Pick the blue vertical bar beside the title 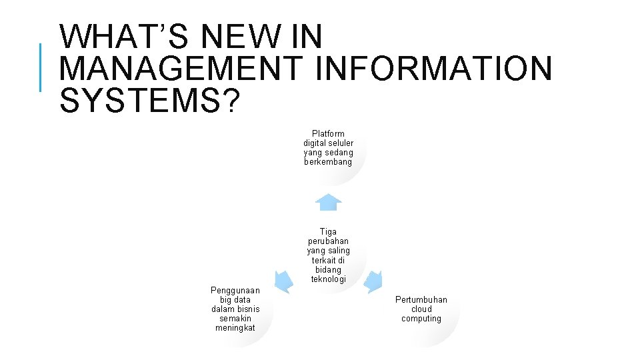click(x=41, y=68)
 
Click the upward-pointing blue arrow click(x=328, y=202)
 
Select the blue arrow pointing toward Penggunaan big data click(x=283, y=281)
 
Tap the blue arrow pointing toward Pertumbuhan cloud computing click(x=374, y=281)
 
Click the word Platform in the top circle click(x=328, y=134)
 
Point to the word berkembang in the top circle click(x=328, y=162)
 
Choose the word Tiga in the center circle click(x=328, y=232)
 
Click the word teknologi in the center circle click(x=328, y=279)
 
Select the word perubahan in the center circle click(x=328, y=241)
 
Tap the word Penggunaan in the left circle click(x=235, y=291)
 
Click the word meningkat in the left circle click(x=235, y=328)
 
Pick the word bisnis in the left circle click(x=247, y=309)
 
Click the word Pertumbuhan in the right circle click(x=421, y=300)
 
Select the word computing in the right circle click(x=421, y=319)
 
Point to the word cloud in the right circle click(x=421, y=309)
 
